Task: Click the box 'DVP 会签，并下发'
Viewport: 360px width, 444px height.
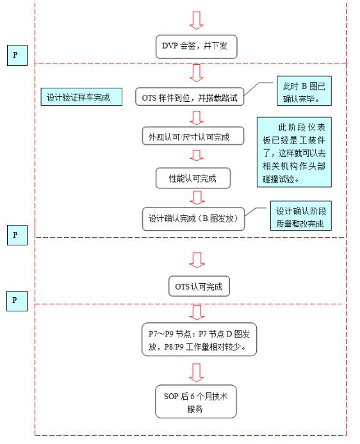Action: [197, 47]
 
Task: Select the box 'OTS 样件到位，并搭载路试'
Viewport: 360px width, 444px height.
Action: [190, 97]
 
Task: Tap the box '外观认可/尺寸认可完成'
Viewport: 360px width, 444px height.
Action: [193, 136]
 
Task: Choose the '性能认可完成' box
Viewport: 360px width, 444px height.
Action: [193, 178]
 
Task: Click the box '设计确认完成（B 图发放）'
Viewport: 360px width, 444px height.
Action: [193, 218]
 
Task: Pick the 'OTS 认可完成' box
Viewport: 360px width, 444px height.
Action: [199, 286]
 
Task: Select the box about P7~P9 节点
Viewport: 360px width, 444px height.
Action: [199, 339]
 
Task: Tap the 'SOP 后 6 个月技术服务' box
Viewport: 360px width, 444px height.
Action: [196, 401]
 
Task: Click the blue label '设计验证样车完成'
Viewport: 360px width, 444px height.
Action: [81, 97]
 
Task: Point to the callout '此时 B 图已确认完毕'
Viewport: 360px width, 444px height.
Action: [304, 91]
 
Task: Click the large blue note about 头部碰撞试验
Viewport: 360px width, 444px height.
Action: [294, 152]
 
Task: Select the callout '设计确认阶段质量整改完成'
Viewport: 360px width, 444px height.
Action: [301, 215]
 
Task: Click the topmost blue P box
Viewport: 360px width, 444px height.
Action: [17, 55]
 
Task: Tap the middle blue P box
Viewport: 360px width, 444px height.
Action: [17, 235]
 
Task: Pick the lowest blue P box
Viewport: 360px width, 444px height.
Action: [17, 301]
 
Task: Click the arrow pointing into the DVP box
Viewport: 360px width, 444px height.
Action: [197, 21]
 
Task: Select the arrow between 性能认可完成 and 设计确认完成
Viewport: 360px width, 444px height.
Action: [197, 197]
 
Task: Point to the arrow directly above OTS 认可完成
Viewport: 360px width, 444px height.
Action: [197, 260]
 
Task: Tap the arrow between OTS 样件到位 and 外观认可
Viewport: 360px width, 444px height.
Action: [197, 118]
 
